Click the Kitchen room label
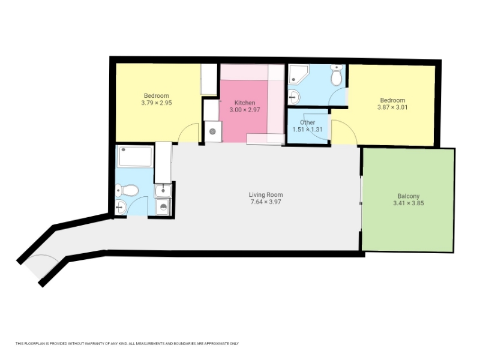pyautogui.click(x=245, y=103)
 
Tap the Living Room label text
pyautogui.click(x=266, y=194)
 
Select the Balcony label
pyautogui.click(x=409, y=196)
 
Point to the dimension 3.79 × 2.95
pyautogui.click(x=157, y=103)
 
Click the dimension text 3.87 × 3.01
pyautogui.click(x=392, y=107)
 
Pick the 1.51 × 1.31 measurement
pyautogui.click(x=307, y=130)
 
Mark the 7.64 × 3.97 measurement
pyautogui.click(x=266, y=202)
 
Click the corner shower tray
pyautogui.click(x=298, y=74)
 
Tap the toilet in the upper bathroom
pyautogui.click(x=336, y=76)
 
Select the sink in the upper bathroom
pyautogui.click(x=294, y=97)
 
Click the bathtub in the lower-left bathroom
pyautogui.click(x=136, y=157)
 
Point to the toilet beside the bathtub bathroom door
pyautogui.click(x=127, y=190)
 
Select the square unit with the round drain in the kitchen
pyautogui.click(x=213, y=131)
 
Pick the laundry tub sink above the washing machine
pyautogui.click(x=163, y=191)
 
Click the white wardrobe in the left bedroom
pyautogui.click(x=209, y=79)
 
